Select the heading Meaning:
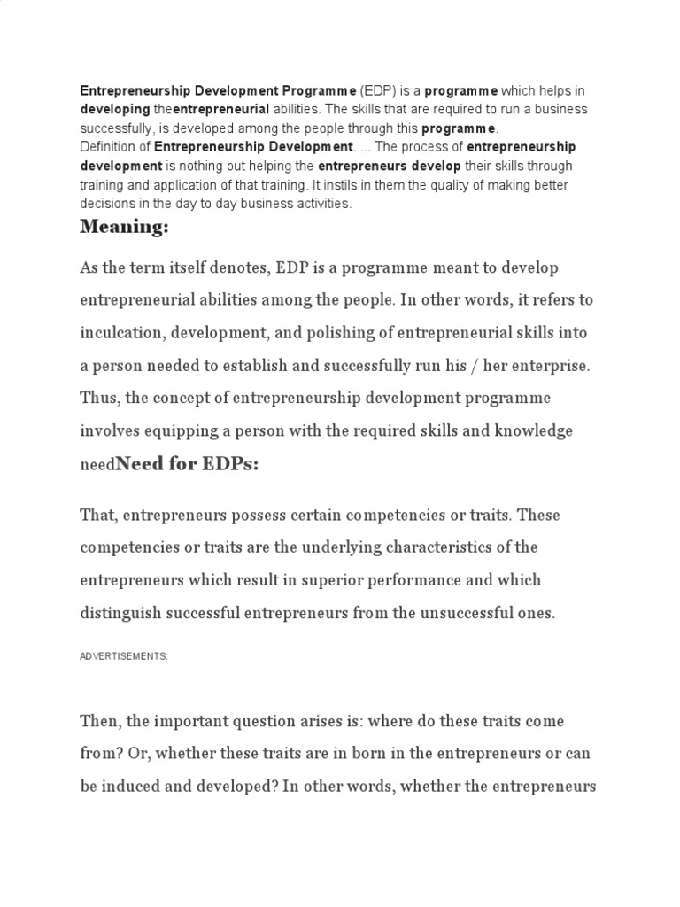click(x=124, y=227)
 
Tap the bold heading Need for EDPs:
click(x=188, y=464)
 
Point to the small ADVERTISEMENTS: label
click(x=124, y=656)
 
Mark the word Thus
click(x=97, y=399)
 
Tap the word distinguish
click(x=120, y=613)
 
